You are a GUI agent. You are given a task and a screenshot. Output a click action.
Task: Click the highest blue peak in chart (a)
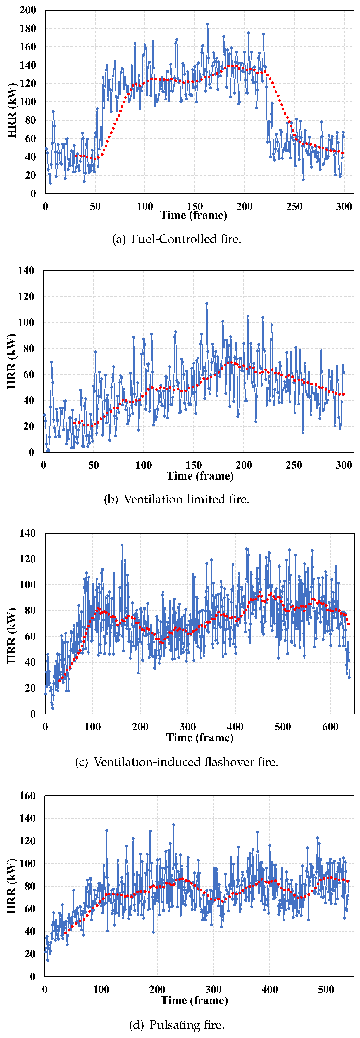pos(208,24)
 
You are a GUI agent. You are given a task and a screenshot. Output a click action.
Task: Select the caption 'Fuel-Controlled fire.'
pos(186,239)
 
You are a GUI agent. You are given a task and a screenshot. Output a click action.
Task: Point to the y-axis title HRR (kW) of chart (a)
pos(12,111)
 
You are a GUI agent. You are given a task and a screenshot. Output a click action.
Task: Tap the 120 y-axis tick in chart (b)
pos(26,297)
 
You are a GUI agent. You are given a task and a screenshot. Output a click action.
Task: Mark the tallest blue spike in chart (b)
pos(207,303)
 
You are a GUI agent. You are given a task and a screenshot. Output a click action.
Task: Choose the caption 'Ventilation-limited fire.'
pos(186,500)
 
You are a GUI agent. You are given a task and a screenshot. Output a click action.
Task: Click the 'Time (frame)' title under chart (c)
pos(200,738)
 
